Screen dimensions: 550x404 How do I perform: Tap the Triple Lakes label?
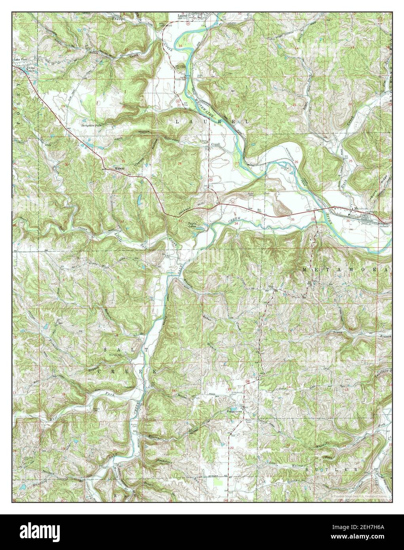[193, 225]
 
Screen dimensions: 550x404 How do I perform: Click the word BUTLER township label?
[340, 469]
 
